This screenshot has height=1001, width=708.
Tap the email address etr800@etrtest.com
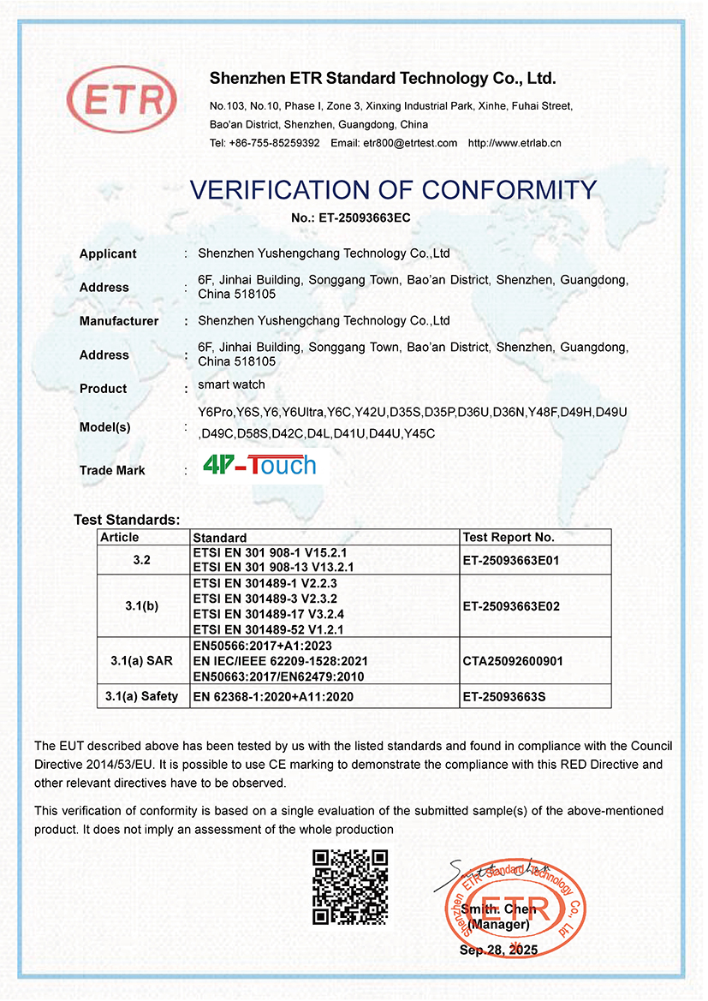tap(409, 143)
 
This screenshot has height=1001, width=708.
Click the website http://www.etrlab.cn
tap(515, 143)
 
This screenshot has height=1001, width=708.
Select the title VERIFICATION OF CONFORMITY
tap(393, 189)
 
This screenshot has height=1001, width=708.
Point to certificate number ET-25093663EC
tap(364, 218)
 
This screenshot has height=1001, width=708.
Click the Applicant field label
tap(108, 253)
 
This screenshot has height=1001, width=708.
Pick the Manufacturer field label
tap(119, 321)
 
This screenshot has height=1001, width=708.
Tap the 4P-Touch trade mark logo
tap(259, 466)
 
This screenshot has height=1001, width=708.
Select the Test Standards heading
tap(127, 520)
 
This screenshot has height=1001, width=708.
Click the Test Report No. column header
tap(509, 538)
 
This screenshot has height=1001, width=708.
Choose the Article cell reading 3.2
tap(142, 560)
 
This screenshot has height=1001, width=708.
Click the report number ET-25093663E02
tap(510, 605)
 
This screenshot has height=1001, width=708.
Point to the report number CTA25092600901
tap(514, 661)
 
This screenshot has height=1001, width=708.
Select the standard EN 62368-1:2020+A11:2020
tap(273, 697)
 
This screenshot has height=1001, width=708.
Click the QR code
tap(350, 886)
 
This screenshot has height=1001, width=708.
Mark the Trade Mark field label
tap(112, 470)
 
